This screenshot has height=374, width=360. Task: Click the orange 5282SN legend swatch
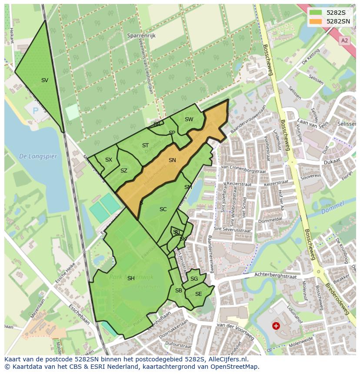[316, 21]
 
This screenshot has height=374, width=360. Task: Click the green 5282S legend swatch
[316, 13]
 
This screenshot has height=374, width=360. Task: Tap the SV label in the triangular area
[45, 80]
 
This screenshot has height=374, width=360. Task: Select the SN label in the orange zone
[172, 160]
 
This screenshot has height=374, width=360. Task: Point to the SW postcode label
[189, 119]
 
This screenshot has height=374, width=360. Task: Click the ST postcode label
[145, 146]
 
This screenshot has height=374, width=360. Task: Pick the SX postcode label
[109, 160]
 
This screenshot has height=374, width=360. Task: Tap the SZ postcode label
[124, 171]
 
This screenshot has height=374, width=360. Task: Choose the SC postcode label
[163, 209]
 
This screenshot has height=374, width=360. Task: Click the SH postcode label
[131, 278]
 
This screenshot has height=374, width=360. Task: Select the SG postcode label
[194, 279]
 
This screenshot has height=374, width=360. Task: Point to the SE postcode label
[198, 294]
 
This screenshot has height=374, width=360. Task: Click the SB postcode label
[178, 291]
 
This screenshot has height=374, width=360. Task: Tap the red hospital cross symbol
[276, 325]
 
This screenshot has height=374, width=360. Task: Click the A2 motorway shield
[345, 40]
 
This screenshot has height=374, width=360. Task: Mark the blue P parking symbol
[36, 111]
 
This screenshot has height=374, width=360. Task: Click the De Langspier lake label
[38, 156]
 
